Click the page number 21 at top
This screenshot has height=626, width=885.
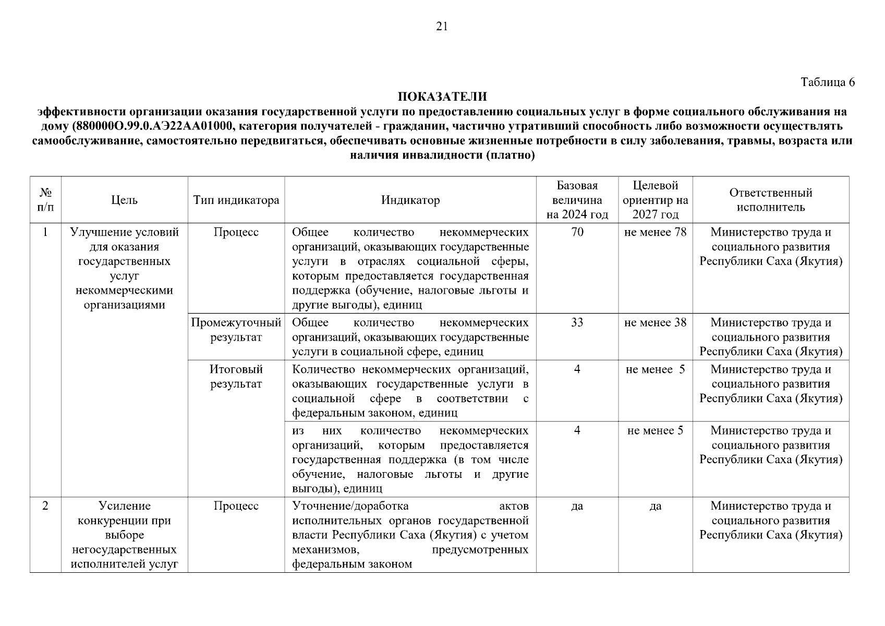[442, 27]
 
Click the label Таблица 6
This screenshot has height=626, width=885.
[828, 82]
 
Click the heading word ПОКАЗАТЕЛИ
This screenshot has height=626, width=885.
[442, 97]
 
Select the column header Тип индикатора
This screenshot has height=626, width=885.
[236, 200]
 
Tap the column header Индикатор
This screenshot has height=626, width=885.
[410, 200]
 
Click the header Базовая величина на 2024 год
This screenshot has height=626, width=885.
[577, 200]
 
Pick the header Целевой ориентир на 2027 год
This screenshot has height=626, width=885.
[655, 200]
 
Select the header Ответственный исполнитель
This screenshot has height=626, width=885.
[770, 200]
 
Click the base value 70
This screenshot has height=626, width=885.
[577, 232]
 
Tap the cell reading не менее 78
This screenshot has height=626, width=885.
[655, 232]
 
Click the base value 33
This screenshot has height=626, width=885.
[577, 323]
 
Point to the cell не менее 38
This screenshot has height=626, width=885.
[655, 323]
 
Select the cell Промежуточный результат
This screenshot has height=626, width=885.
[236, 330]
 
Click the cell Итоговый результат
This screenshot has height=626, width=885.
[236, 377]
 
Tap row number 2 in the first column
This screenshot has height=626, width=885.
[45, 506]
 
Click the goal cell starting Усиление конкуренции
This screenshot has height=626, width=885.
[124, 535]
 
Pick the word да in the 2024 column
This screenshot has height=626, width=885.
[577, 506]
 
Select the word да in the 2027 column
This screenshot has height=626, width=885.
[655, 506]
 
